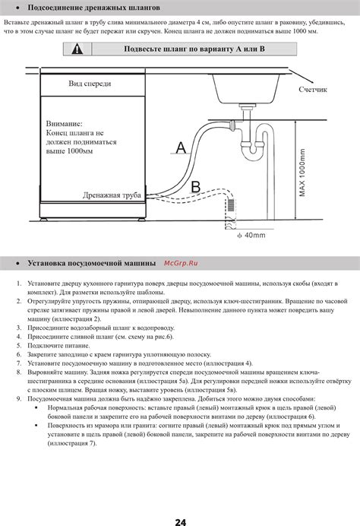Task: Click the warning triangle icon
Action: point(77,49)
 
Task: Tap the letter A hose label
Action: point(181,147)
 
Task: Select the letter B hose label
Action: point(196,187)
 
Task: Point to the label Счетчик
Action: point(313,89)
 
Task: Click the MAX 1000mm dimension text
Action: point(302,173)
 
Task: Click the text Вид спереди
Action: point(90,84)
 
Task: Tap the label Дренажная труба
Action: point(112,195)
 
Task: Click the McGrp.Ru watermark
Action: point(181,263)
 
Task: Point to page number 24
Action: point(180,522)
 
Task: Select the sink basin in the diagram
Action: point(246,89)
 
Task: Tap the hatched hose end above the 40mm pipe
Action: point(231,205)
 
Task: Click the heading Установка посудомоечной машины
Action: point(91,263)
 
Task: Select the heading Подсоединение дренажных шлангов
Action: point(93,8)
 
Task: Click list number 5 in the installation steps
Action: point(19,346)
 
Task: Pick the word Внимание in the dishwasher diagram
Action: point(64,124)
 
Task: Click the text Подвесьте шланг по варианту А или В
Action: point(194,49)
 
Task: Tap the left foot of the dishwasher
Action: point(44,219)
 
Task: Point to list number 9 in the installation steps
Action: point(19,399)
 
